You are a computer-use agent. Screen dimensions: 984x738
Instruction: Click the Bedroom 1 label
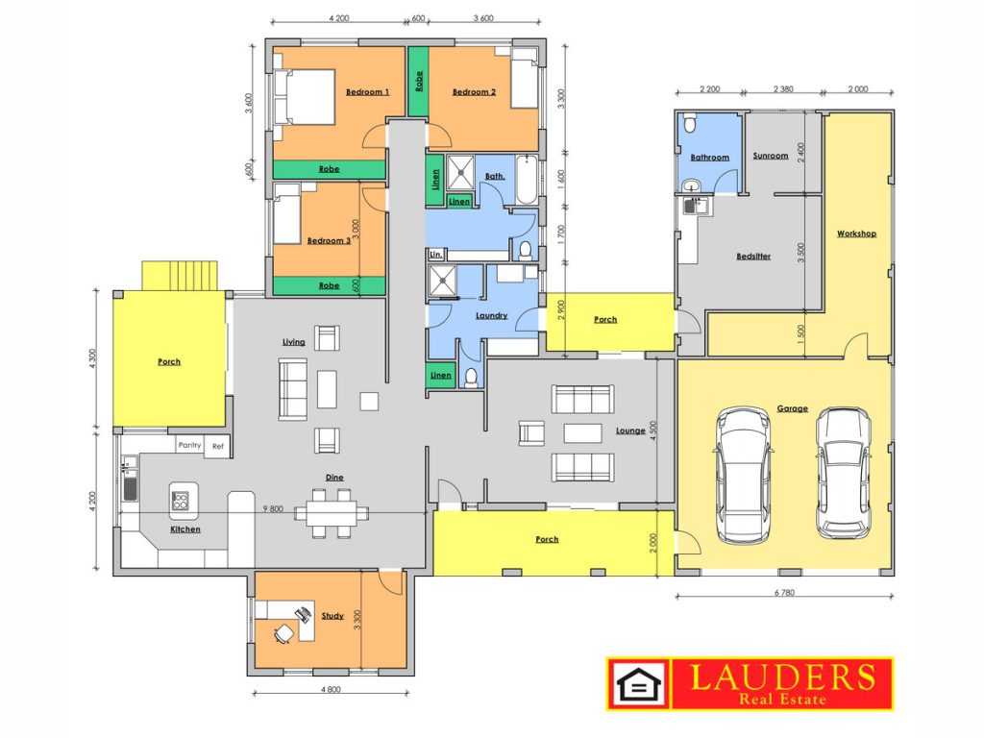367,91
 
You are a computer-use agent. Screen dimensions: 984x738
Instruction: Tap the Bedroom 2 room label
474,91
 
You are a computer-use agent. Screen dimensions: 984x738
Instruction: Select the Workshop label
856,234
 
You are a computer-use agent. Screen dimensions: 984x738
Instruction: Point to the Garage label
792,408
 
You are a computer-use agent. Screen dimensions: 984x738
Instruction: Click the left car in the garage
743,475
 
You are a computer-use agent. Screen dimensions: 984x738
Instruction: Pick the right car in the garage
842,473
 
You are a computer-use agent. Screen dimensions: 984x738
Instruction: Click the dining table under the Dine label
332,513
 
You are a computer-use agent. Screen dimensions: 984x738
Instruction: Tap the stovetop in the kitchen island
180,501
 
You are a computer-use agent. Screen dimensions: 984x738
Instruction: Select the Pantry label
189,445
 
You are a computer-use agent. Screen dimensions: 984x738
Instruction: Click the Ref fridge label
218,446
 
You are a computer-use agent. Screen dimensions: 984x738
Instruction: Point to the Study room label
332,616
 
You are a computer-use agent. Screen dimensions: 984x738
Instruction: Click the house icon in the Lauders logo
639,684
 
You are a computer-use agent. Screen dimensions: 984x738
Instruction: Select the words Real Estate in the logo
782,699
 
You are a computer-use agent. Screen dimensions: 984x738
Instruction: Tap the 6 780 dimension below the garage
784,592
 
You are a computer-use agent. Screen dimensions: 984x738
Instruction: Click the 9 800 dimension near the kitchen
273,509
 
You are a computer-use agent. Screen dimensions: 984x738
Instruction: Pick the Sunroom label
771,156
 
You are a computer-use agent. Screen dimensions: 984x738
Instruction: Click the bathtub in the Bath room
527,180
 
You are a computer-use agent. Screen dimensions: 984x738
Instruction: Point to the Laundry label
491,315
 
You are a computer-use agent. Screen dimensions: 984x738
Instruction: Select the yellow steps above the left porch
180,276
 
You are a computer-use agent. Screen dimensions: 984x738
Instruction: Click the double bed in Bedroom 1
305,98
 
